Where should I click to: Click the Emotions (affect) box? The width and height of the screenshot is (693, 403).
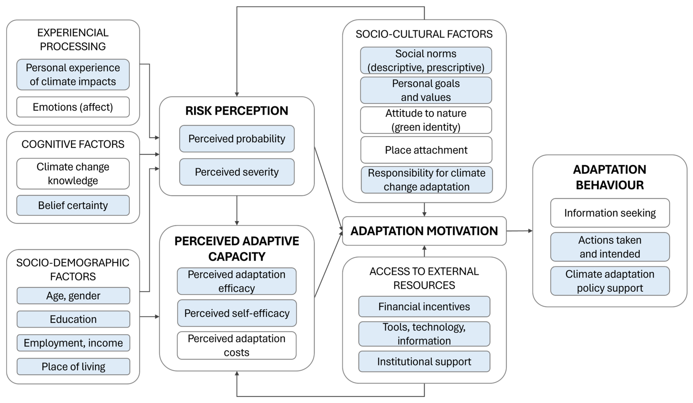[x=73, y=107]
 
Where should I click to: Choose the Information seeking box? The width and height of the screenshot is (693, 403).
[x=610, y=213]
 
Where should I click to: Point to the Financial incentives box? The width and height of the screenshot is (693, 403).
[x=424, y=307]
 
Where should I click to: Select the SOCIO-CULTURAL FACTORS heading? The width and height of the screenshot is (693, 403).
[x=424, y=34]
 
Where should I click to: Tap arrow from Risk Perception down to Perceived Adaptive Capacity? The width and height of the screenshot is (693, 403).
[x=237, y=211]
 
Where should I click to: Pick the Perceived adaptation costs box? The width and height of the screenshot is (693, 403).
[x=237, y=345]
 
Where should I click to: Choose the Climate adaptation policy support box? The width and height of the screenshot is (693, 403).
[x=610, y=281]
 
